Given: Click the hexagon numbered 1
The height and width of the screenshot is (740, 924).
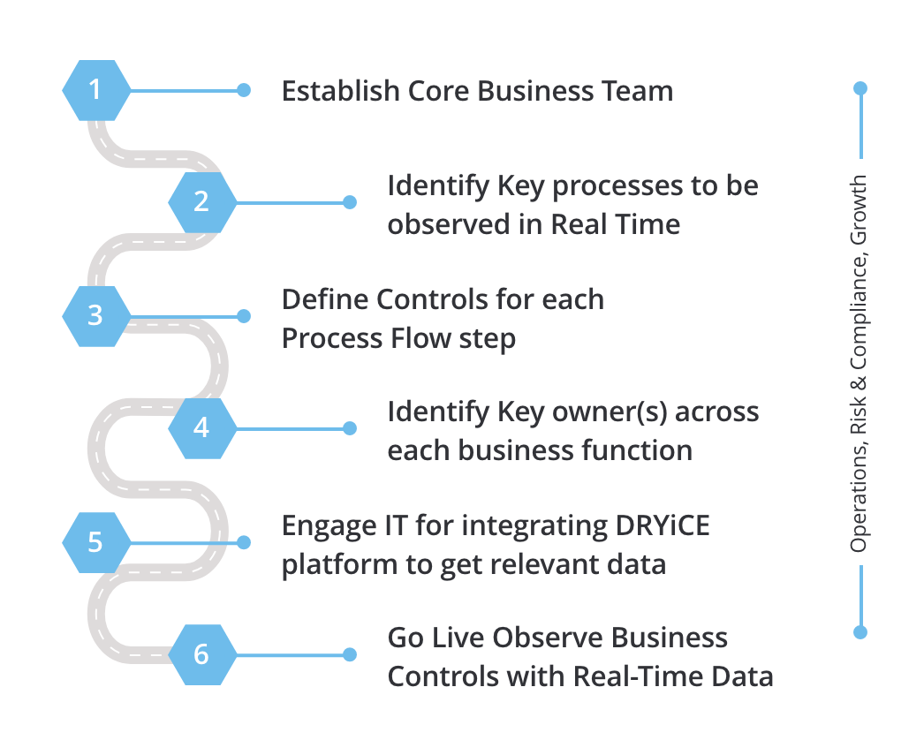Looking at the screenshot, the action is (96, 90).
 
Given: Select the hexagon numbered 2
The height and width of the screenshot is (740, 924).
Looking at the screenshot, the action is (202, 202).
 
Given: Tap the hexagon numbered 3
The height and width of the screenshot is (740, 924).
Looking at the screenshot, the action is (96, 316).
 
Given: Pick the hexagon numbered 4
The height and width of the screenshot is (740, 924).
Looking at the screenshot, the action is (202, 428).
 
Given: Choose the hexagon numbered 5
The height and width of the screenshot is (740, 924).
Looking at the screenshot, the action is (96, 542).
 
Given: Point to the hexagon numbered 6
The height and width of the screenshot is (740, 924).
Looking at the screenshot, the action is (202, 654).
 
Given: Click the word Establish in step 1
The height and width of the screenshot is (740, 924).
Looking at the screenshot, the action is (341, 91).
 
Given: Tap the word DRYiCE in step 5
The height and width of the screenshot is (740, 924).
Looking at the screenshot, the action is (663, 525).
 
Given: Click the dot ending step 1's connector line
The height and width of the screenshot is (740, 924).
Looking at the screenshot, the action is (244, 90).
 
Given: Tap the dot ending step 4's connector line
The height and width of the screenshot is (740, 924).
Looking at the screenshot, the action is (350, 428).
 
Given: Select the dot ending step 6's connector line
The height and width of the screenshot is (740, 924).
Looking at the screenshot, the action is (350, 654).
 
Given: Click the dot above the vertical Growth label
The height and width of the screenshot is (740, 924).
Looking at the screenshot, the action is (860, 88).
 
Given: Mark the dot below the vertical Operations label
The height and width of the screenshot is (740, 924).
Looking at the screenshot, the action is (860, 633).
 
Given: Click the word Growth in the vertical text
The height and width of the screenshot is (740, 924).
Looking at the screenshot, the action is (859, 210).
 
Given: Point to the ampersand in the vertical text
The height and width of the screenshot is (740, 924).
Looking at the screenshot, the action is (858, 383).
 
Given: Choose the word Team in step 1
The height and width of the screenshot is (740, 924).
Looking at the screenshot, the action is (637, 91).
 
